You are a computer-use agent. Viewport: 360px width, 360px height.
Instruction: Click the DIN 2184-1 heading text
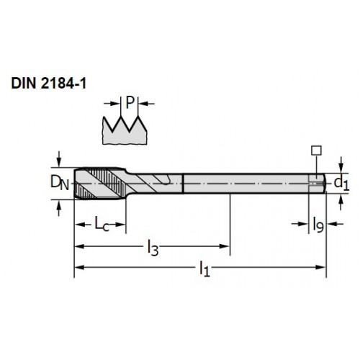coord(49,84)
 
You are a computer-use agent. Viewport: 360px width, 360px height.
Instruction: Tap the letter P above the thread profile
coord(130,102)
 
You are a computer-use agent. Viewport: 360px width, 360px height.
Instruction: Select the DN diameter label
coord(60,183)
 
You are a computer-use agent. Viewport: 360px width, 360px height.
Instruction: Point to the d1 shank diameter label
coord(342,184)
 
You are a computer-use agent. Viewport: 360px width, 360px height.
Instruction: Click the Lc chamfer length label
coord(102,224)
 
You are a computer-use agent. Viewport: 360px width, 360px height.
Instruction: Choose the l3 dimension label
coord(153,248)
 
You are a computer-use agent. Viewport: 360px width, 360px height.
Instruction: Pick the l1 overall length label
coord(204,269)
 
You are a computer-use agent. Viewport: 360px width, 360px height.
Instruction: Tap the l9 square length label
coord(318,225)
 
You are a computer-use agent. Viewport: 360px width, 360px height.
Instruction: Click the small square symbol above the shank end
coord(316,150)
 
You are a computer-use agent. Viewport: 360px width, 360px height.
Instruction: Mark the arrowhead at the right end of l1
coord(321,267)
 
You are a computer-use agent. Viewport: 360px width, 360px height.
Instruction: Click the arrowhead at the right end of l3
coord(225,246)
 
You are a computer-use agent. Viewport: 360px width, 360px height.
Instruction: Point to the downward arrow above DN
coord(59,158)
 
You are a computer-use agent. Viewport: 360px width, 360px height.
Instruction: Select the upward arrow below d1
coord(341,202)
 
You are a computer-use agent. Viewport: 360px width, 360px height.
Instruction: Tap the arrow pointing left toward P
coord(147,104)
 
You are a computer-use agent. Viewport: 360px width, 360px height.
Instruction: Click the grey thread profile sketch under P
coord(125,130)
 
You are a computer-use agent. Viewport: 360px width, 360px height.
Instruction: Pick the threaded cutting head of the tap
coord(100,183)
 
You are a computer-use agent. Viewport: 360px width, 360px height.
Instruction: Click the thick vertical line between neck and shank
coord(183,183)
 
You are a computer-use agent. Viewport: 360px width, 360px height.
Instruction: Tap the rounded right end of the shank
coord(324,183)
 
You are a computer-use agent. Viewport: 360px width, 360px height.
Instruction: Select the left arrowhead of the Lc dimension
coord(80,225)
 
